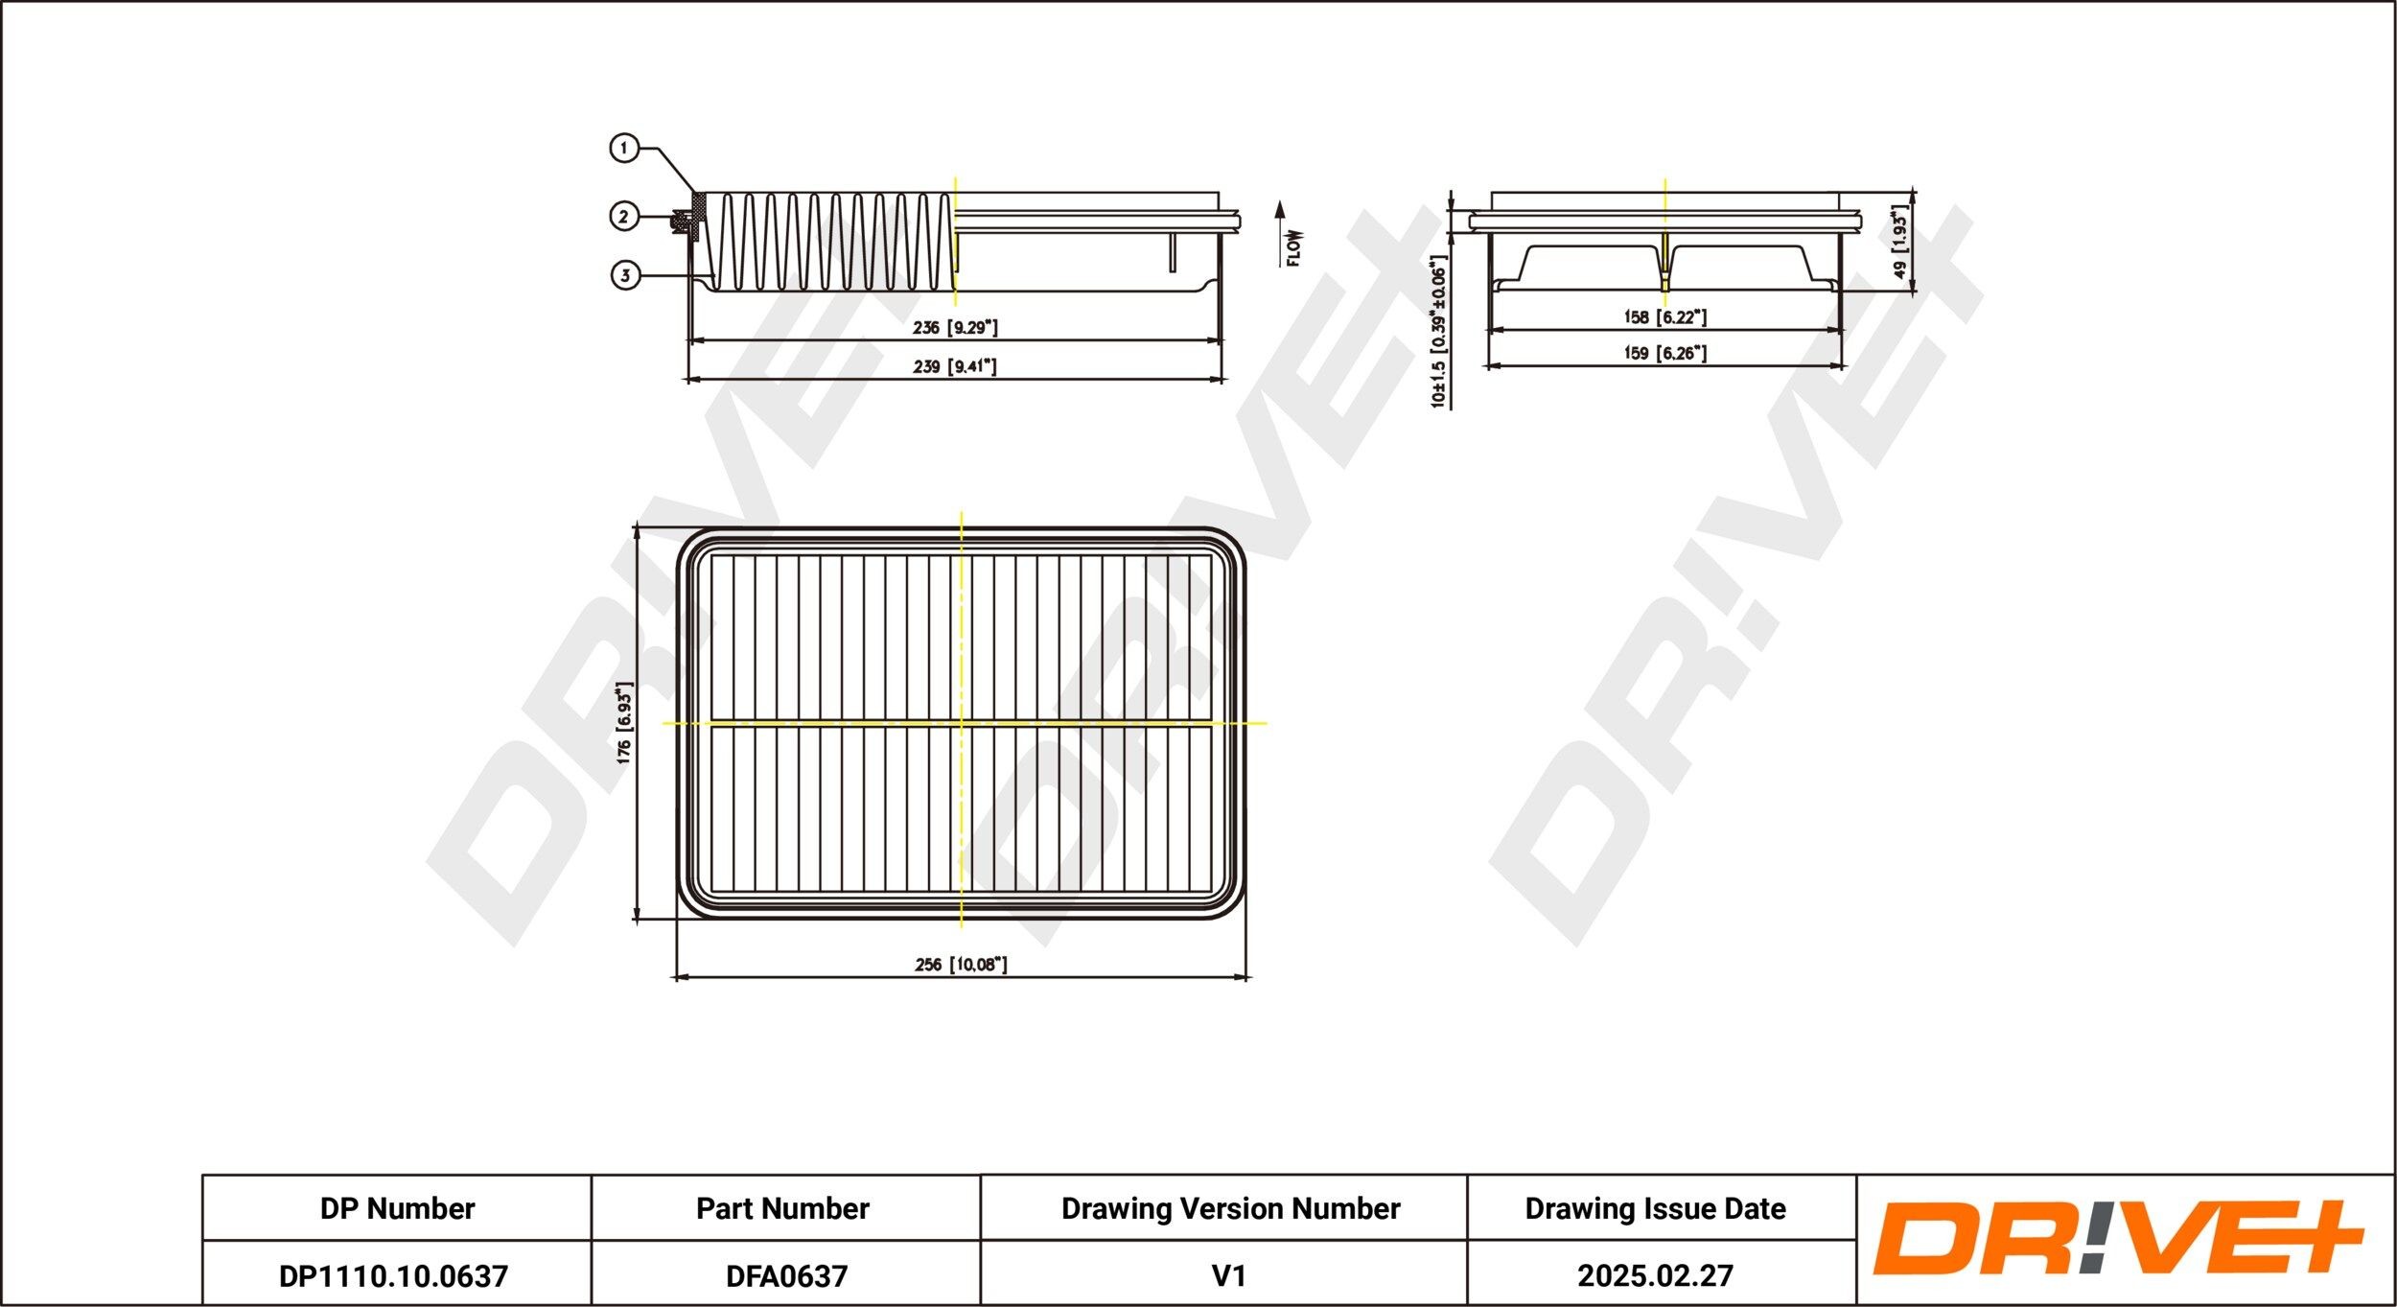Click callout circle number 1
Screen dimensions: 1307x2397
[624, 149]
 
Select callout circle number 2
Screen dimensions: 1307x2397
[624, 217]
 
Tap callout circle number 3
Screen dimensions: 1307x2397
[625, 276]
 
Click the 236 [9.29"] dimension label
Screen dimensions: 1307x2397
[955, 328]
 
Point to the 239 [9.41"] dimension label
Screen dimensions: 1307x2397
[955, 366]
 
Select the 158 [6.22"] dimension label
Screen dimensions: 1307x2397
[1665, 316]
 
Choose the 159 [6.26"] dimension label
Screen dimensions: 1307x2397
[1665, 353]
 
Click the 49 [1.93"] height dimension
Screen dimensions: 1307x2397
[1900, 242]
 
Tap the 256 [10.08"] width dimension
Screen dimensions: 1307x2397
[961, 965]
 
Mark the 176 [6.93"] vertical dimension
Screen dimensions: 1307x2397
[624, 723]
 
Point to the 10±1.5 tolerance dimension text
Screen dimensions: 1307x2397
[1438, 332]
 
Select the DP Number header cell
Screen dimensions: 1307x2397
[397, 1208]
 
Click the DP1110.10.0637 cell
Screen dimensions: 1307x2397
[393, 1275]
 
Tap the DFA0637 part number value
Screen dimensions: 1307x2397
[786, 1275]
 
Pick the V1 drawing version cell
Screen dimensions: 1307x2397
[1228, 1275]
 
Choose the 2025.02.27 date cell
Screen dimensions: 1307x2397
[1655, 1275]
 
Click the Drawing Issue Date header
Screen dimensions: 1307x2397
[1655, 1208]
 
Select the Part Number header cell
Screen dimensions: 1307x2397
[782, 1208]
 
